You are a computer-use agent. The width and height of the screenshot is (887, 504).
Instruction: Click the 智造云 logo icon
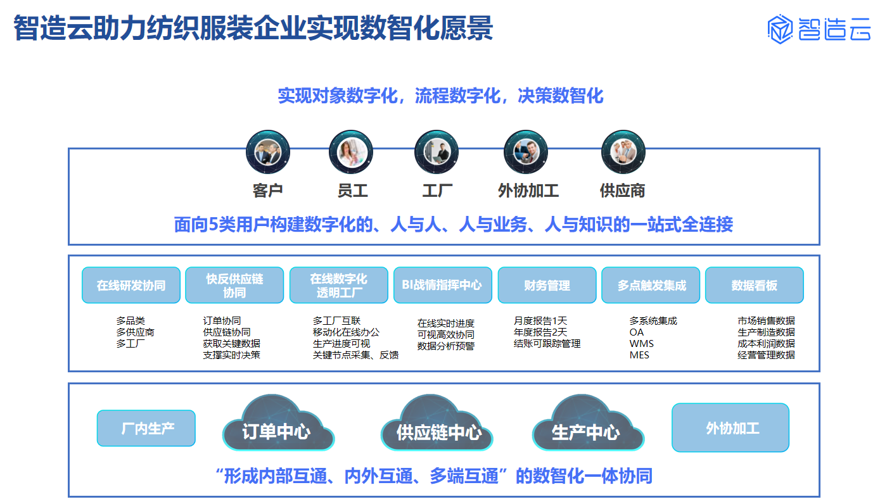780,29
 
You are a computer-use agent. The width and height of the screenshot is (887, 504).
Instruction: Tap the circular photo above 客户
267,152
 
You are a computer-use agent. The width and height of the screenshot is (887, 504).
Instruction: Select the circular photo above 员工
351,152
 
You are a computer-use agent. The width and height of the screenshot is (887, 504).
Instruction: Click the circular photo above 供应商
623,152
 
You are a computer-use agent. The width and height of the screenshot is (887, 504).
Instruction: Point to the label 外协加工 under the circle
528,191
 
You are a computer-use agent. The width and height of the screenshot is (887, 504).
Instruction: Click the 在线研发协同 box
131,285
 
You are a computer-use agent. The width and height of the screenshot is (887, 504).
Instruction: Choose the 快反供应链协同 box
234,285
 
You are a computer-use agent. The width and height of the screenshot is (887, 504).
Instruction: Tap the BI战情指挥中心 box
443,285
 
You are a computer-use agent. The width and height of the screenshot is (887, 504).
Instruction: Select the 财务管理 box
547,285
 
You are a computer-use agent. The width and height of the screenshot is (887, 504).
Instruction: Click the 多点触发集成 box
651,285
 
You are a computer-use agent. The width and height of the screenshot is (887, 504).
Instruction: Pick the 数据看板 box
755,285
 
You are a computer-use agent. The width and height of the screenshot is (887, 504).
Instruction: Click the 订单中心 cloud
278,424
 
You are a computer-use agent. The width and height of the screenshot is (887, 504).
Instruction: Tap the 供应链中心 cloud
437,424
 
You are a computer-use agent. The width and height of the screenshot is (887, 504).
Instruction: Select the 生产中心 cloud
588,424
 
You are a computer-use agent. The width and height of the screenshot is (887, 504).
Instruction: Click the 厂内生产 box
146,428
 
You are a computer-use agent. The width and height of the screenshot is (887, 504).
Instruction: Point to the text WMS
641,343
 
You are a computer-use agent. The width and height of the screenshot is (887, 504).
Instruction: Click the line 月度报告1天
540,320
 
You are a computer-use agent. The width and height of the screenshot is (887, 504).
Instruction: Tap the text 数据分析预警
446,346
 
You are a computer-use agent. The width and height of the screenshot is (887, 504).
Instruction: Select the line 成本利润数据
766,343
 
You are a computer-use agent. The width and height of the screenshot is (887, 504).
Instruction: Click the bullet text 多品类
131,320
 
